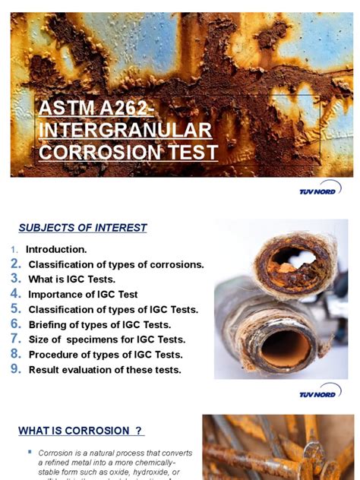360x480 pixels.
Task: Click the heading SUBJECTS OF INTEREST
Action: [x=83, y=228]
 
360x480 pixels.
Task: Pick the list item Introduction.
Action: [x=56, y=249]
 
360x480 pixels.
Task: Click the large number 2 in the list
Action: [x=15, y=264]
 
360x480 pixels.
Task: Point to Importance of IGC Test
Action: [x=84, y=295]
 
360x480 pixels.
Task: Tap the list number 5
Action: [x=15, y=309]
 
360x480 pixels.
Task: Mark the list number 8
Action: [x=15, y=354]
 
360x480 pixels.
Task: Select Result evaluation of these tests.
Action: [x=105, y=370]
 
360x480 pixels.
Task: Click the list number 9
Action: [x=15, y=369]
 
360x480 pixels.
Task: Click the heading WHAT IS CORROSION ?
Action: [x=81, y=431]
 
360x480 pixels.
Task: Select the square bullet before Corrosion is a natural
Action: [x=30, y=451]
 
